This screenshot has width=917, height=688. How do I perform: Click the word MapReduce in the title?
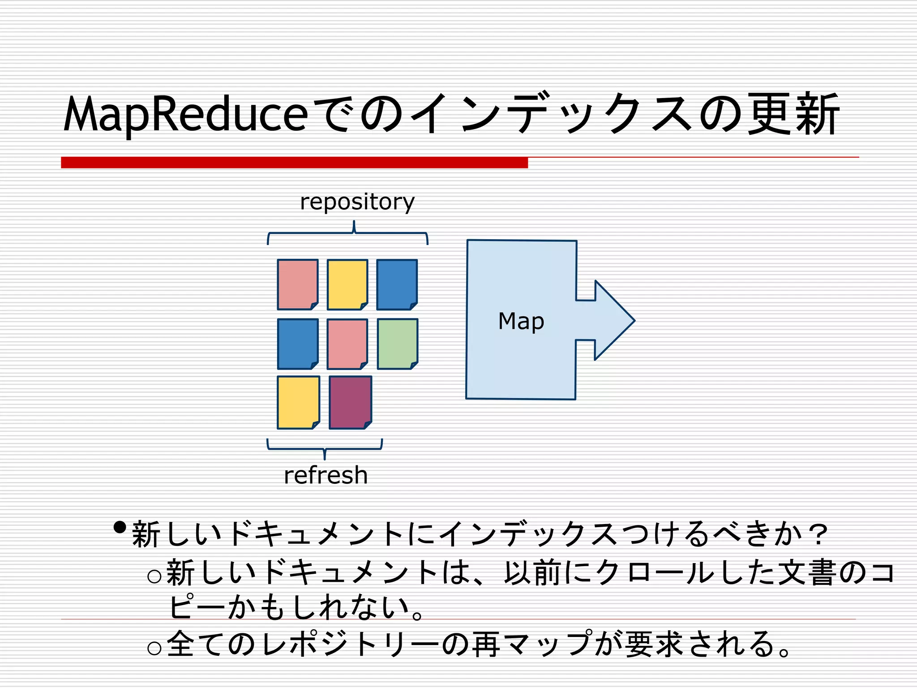tap(186, 114)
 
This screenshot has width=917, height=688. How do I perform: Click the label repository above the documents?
tap(357, 202)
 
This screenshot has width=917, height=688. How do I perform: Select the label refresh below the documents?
tap(326, 475)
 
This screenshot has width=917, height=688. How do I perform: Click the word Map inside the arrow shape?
tap(521, 322)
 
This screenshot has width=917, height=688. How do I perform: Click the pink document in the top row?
tap(297, 284)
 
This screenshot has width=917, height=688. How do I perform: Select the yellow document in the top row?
tap(347, 284)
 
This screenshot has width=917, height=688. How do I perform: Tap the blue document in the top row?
tap(397, 284)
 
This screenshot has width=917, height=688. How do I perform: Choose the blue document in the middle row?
tap(297, 344)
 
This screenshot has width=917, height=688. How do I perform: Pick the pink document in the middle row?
tap(347, 344)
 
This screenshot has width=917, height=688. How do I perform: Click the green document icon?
tap(397, 344)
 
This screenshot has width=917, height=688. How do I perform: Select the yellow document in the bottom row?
tap(298, 402)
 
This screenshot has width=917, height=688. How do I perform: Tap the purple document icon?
tap(350, 402)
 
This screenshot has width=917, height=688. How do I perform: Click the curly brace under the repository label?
tap(348, 233)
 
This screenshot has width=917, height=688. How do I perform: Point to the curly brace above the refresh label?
tap(325, 448)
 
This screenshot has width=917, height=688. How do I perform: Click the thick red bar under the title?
tap(294, 162)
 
